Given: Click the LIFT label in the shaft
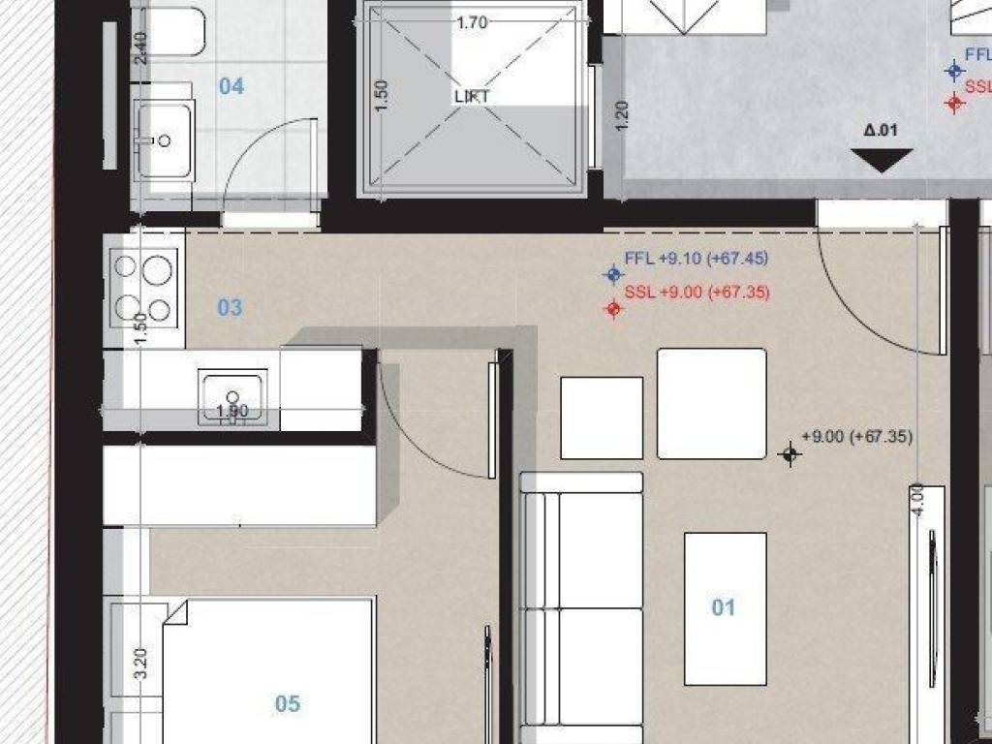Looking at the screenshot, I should click(472, 96).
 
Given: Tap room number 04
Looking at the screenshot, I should click(231, 87).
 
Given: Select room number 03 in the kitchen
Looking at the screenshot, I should click(230, 308).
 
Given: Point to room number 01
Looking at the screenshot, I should click(724, 607).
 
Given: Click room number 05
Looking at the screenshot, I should click(288, 703).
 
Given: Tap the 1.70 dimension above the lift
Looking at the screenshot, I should click(471, 22).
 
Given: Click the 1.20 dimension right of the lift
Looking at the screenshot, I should click(622, 115).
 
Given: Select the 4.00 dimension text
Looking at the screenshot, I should click(917, 500).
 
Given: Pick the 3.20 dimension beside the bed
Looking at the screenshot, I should click(140, 663).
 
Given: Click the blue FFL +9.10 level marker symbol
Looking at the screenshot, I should click(612, 274).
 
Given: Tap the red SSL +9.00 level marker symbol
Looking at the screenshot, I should click(612, 309).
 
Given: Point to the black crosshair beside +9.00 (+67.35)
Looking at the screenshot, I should click(790, 453).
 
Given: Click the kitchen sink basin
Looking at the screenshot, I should click(232, 395).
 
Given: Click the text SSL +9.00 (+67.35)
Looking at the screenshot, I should click(690, 293).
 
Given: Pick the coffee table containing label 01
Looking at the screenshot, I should click(726, 607).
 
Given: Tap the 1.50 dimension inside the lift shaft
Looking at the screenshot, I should click(381, 95).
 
